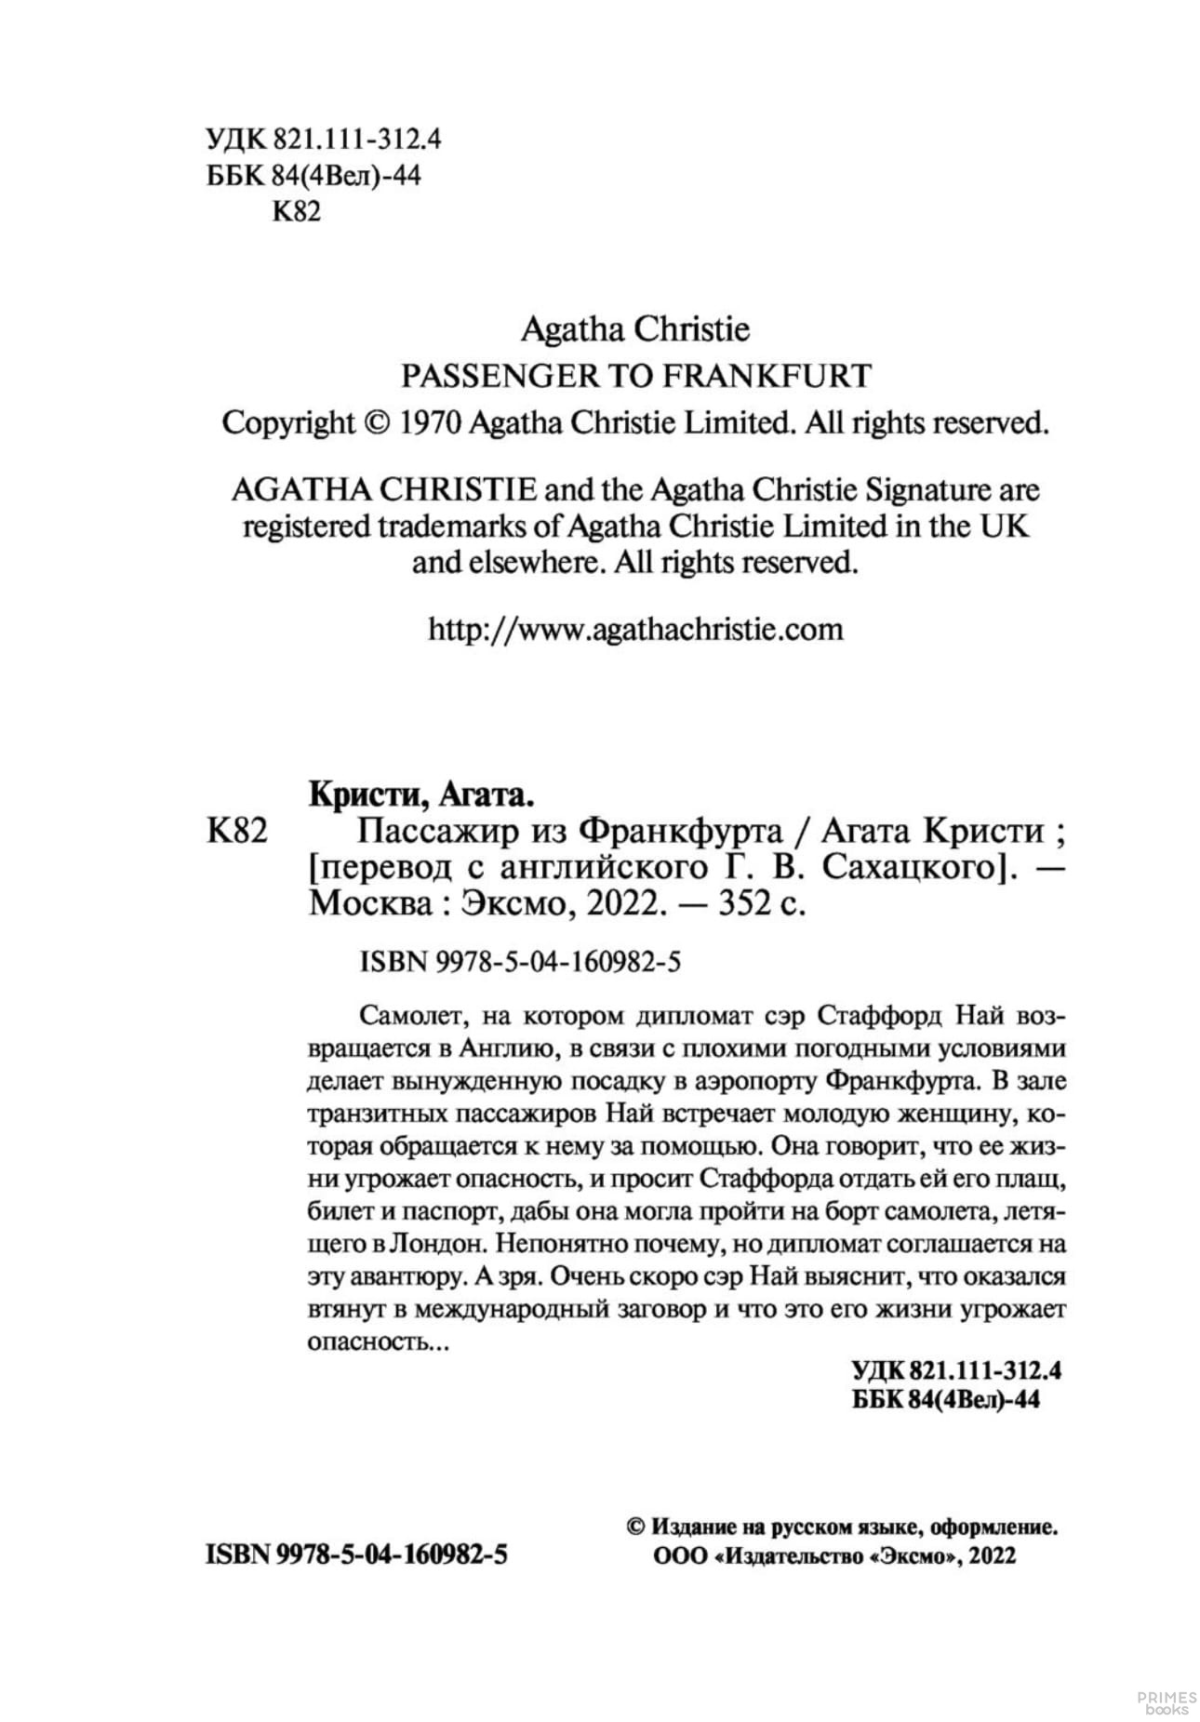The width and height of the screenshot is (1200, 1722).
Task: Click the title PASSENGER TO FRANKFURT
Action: pyautogui.click(x=635, y=376)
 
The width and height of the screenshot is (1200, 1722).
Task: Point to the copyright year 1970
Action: pyautogui.click(x=431, y=423)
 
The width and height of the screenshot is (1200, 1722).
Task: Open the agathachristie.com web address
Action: pyautogui.click(x=635, y=630)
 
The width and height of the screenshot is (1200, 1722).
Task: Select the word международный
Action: pyautogui.click(x=512, y=1309)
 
